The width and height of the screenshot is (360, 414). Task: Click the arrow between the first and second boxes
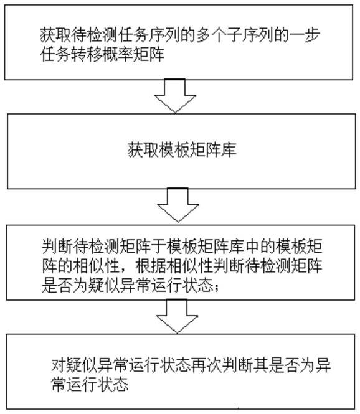coord(175,96)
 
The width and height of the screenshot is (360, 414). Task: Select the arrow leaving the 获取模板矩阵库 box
coord(178,205)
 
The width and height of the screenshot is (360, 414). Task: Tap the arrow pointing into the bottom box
coord(177,316)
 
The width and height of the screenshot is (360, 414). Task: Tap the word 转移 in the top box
coord(87,54)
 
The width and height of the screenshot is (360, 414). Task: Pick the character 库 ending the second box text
coord(229,149)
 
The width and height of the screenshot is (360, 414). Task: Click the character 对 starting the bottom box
coord(59,365)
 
